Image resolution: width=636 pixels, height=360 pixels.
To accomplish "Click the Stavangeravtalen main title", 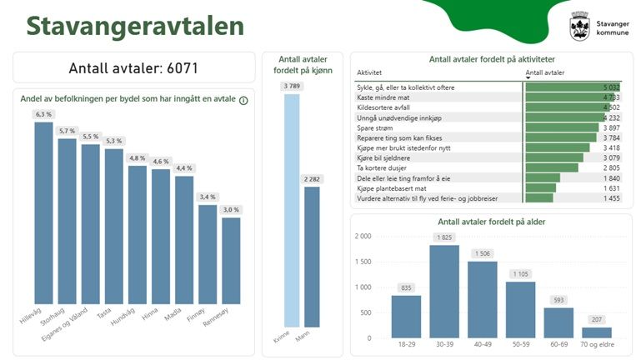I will pos(135,26).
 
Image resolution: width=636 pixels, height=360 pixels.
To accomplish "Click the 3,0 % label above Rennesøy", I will pos(230,210).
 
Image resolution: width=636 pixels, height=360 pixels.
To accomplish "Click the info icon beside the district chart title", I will pos(243,100).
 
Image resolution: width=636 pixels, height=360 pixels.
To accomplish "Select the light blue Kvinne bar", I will pos(291,209).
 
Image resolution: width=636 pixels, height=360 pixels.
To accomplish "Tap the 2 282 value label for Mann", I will pos(312,179).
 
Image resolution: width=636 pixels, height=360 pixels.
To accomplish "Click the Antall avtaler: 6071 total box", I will pos(133,67).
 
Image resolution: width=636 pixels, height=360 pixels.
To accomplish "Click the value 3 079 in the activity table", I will pos(612,157).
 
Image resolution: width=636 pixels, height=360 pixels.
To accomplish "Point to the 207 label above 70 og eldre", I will pos(596,320).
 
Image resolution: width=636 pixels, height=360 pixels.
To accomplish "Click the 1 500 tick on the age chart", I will pos(363,262).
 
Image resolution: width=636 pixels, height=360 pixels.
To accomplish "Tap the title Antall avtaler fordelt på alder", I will pos(491,222).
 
